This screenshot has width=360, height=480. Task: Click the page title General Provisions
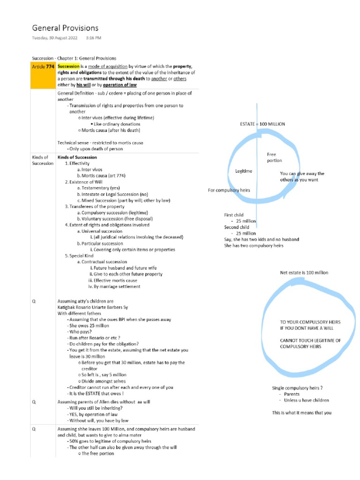tap(65, 28)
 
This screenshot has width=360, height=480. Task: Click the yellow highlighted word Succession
tap(68, 67)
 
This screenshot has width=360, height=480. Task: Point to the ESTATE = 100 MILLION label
tap(262, 124)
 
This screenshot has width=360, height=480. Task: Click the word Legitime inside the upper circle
tap(243, 171)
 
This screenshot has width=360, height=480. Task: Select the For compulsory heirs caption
tap(229, 190)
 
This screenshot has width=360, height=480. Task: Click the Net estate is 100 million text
tap(304, 272)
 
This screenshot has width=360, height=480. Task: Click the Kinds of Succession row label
tap(42, 160)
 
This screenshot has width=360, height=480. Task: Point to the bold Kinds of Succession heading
tap(77, 157)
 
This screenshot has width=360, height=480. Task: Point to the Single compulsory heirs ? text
tap(297, 388)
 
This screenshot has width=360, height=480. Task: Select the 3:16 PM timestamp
tap(93, 37)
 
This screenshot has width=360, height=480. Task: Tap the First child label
tap(236, 215)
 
